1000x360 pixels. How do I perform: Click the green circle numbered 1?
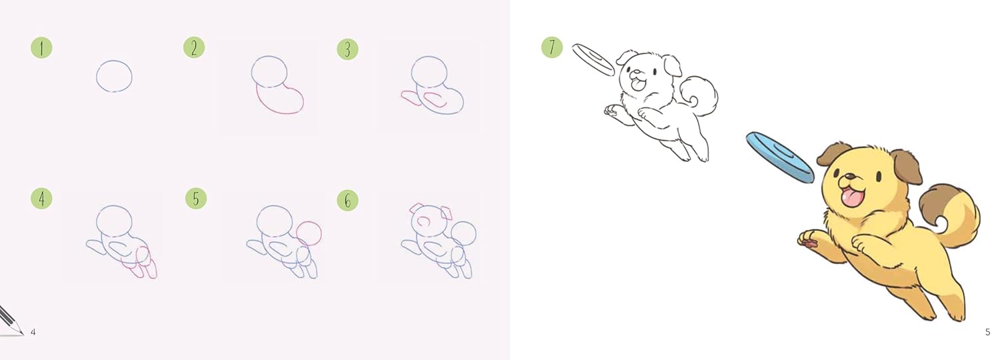click(41, 48)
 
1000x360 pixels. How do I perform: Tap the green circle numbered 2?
click(194, 48)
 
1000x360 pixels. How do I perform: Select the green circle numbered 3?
click(347, 49)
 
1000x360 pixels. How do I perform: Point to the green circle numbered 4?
click(41, 198)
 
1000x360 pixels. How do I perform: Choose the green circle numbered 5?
click(196, 199)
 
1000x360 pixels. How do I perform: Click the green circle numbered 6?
click(347, 200)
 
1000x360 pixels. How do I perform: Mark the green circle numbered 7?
click(552, 47)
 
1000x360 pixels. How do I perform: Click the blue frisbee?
click(779, 157)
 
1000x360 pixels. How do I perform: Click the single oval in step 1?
click(114, 75)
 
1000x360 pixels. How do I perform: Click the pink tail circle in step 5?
click(309, 233)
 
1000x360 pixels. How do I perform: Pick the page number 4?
click(33, 332)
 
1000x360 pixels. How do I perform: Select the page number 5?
click(987, 332)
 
